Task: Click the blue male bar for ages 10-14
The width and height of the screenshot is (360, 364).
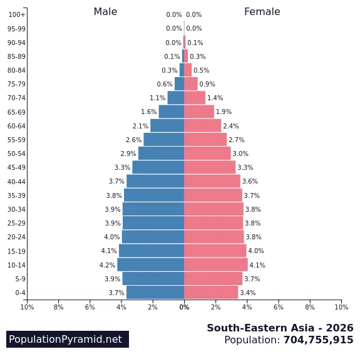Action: tap(150, 264)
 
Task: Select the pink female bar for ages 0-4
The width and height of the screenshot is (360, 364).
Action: tap(211, 293)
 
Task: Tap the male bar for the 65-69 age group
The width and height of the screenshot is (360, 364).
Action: tap(172, 112)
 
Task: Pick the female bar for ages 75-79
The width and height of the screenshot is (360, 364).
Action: tap(191, 84)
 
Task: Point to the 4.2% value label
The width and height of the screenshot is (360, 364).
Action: tap(108, 265)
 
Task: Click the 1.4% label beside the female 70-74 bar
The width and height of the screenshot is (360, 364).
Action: tap(215, 98)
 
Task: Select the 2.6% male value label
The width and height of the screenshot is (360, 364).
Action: tap(133, 140)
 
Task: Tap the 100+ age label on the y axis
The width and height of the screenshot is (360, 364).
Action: tap(17, 14)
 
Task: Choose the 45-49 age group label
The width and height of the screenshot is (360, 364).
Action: tap(16, 167)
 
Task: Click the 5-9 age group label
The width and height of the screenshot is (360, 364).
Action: tap(21, 279)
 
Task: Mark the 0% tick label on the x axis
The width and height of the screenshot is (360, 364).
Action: tap(184, 307)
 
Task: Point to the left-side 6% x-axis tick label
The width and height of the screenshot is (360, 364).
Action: tap(90, 307)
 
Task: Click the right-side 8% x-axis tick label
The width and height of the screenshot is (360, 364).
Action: tap(310, 307)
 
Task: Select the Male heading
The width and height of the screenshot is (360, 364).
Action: tap(105, 12)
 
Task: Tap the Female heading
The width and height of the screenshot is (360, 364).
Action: tap(262, 12)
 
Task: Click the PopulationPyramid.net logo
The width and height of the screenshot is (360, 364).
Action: tap(68, 339)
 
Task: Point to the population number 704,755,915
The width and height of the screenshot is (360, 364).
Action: tap(318, 340)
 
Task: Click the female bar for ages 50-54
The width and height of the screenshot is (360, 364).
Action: tap(207, 153)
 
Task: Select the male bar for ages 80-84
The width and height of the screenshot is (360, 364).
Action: tap(182, 70)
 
